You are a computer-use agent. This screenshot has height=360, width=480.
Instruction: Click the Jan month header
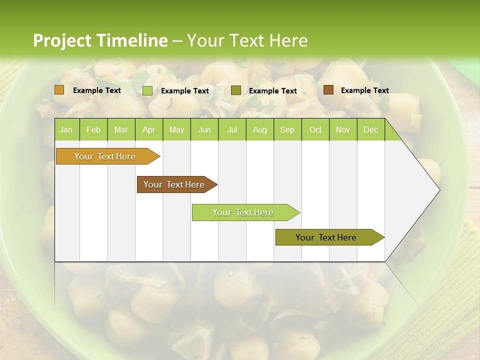66,130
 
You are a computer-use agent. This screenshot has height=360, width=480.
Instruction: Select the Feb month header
93,130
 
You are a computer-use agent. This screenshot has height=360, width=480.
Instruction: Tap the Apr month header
148,130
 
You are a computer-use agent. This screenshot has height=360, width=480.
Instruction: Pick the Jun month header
204,130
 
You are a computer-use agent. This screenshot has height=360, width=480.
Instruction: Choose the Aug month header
259,130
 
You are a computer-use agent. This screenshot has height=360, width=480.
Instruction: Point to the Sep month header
287,130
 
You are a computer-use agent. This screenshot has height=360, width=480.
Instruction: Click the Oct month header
315,130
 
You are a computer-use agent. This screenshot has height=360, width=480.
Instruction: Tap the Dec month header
370,130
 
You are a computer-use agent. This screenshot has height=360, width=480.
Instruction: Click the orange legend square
59,90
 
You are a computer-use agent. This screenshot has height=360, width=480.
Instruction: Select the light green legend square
147,90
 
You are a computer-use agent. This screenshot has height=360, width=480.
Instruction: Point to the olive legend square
235,90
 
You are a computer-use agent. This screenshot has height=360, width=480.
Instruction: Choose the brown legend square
328,90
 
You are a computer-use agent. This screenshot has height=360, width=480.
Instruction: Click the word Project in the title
62,40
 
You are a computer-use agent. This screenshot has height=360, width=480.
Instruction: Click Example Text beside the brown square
364,90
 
